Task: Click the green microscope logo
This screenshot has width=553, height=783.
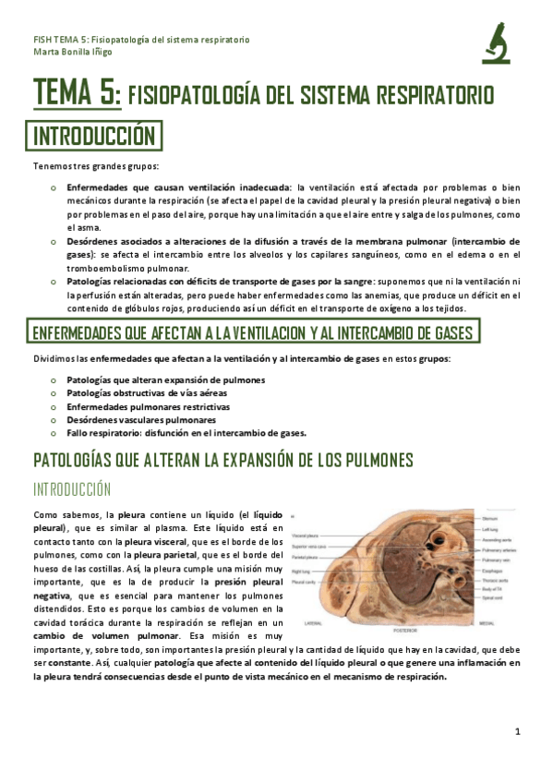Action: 496,43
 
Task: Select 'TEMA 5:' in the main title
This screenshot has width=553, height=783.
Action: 77,93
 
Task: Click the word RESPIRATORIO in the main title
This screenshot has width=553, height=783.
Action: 435,95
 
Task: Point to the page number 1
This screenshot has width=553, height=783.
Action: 518,731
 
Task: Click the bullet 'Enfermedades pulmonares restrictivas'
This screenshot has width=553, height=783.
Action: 148,406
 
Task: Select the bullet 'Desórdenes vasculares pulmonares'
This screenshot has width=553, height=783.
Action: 141,419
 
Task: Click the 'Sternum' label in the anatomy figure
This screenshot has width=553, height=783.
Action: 491,519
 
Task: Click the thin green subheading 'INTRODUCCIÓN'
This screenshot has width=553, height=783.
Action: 72,489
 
